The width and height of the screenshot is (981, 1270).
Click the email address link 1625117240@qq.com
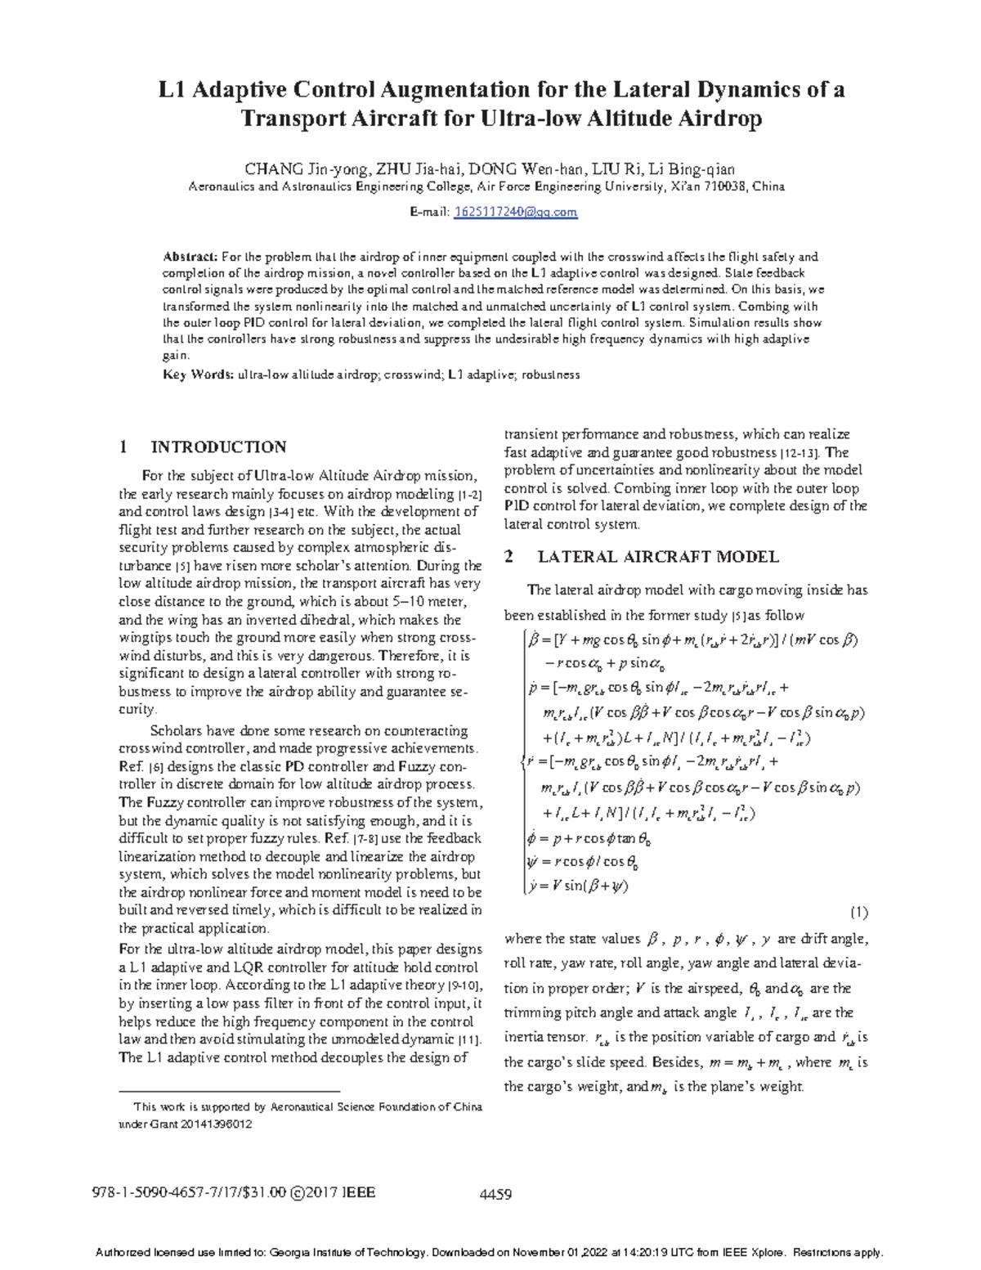(516, 212)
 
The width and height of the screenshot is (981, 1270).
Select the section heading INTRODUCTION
(218, 447)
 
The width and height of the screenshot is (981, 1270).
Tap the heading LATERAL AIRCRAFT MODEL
(658, 557)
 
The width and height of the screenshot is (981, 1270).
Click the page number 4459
(494, 1194)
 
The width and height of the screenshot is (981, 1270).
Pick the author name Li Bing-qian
(691, 170)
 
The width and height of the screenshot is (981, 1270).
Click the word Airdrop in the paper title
(720, 119)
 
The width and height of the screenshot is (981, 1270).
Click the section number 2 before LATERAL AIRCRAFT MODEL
(509, 557)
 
